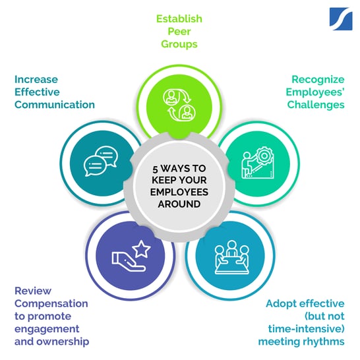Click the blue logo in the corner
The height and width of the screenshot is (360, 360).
341,19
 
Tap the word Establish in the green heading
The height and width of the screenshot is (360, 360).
179,19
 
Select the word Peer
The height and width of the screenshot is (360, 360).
179,32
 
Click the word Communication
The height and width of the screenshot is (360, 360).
55,105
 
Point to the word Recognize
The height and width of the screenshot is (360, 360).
318,80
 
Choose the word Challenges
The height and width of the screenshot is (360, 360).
316,105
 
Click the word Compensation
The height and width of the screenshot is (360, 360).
51,304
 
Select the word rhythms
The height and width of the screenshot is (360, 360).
323,342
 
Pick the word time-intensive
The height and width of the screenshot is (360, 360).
307,329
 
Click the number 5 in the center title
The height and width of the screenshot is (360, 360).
155,169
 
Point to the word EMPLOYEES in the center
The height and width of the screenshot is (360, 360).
179,192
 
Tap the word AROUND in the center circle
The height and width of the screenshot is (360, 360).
179,204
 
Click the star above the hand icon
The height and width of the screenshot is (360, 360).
142,249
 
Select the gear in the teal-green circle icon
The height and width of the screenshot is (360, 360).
264,156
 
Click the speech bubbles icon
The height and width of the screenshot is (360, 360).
101,161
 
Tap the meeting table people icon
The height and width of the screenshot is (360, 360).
231,257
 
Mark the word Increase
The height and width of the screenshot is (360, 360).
36,80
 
